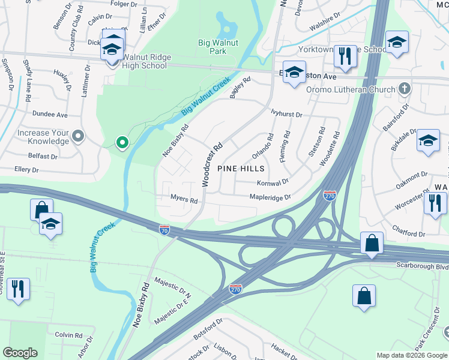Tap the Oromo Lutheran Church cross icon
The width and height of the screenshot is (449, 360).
[405, 89]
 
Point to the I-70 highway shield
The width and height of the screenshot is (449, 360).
[164, 229]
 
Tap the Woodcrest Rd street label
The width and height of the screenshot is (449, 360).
[212, 164]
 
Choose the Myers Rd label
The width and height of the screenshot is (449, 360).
[184, 199]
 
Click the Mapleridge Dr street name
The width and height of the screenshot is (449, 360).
[270, 197]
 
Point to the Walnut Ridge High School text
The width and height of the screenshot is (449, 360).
[146, 61]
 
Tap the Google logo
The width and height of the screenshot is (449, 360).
[20, 353]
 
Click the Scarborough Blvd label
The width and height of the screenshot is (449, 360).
[422, 265]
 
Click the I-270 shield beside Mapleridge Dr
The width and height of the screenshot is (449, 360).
[329, 196]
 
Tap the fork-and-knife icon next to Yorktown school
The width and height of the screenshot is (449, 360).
[344, 56]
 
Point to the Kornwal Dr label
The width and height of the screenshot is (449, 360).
[273, 182]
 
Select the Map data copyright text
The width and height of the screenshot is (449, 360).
[411, 355]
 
